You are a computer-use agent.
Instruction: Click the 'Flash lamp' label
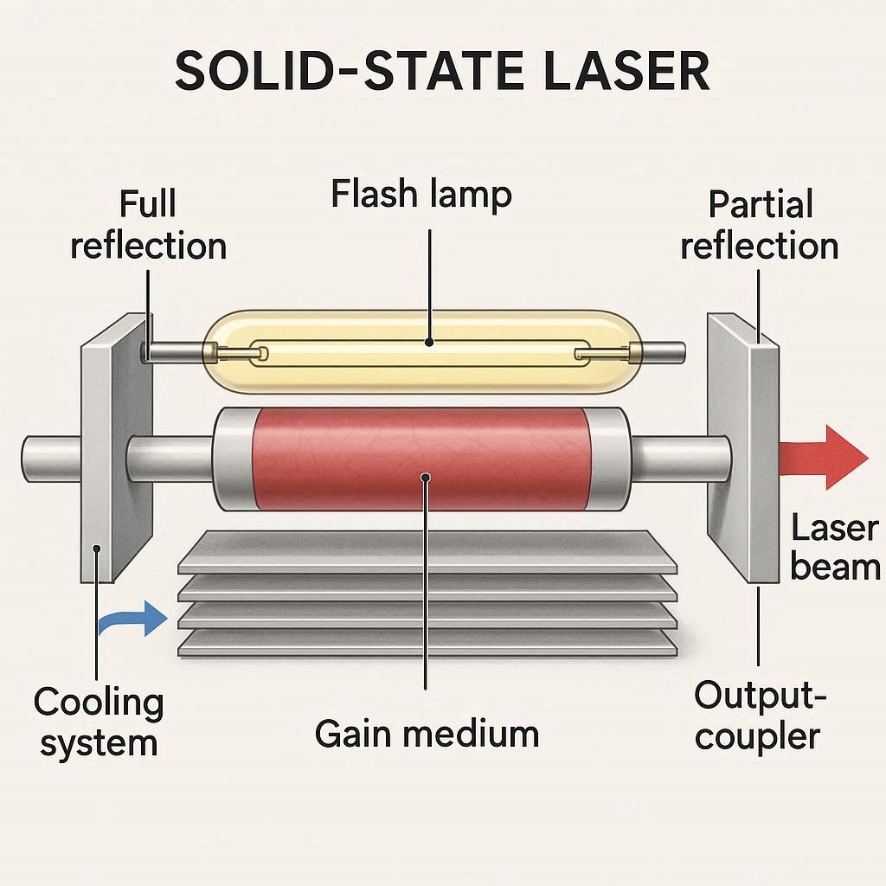(x=421, y=194)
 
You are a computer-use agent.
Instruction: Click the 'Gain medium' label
(x=427, y=734)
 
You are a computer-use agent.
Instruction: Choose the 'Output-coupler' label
(x=757, y=715)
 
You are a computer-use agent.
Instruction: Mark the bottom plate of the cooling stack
(x=428, y=642)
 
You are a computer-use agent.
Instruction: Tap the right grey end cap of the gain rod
(x=608, y=459)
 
